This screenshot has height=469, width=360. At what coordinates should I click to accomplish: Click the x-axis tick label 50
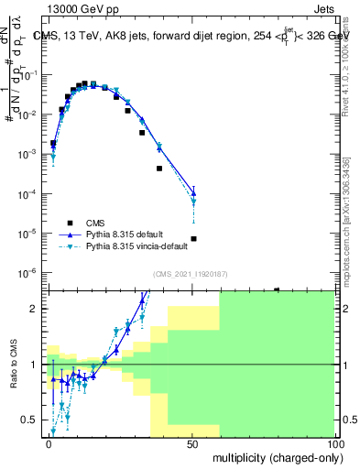(192, 442)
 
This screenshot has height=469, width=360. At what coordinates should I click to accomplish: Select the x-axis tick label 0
(49, 442)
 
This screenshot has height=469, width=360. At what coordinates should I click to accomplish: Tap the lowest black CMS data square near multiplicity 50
(193, 239)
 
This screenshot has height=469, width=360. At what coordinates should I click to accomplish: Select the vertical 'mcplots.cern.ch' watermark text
(345, 220)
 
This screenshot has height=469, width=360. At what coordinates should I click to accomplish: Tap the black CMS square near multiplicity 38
(159, 169)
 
